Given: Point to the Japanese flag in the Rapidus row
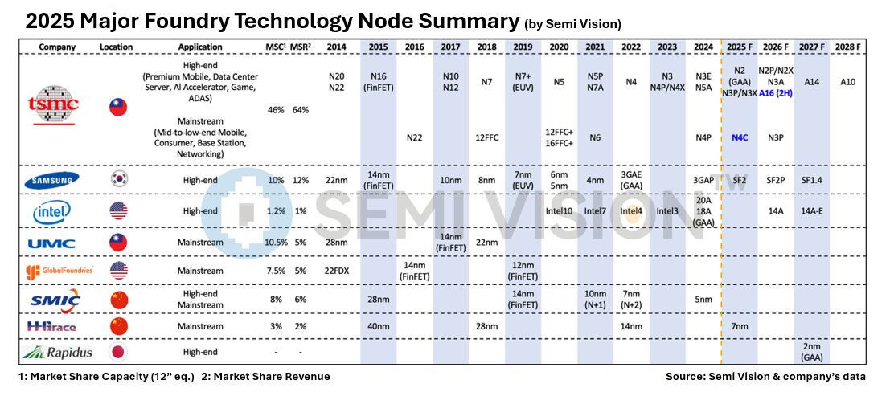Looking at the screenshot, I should (x=117, y=351).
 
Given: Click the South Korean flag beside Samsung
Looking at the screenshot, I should (x=117, y=181).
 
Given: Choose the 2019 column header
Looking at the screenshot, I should (x=523, y=47).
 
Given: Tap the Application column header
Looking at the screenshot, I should (x=200, y=47).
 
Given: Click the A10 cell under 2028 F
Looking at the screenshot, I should (x=847, y=81).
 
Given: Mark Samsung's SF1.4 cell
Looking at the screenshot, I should (x=810, y=181).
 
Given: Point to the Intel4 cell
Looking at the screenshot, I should (x=631, y=211).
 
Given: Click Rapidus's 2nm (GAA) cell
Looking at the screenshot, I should (x=810, y=351).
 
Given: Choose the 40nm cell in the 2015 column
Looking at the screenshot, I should (x=379, y=326).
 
